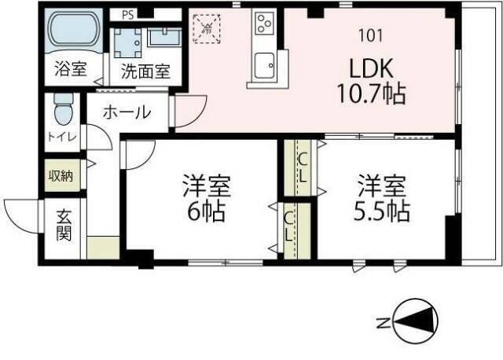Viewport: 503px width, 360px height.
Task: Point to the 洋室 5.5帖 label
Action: pyautogui.click(x=384, y=200)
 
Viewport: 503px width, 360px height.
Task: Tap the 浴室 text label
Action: pyautogui.click(x=70, y=69)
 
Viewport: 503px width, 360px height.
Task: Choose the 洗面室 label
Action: pyautogui.click(x=145, y=71)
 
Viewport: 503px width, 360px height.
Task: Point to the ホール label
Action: pyautogui.click(x=126, y=112)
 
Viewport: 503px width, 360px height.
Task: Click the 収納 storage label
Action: pyautogui.click(x=61, y=175)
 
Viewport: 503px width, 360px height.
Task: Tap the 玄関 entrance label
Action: pyautogui.click(x=64, y=225)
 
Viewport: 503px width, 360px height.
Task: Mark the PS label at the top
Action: pyautogui.click(x=127, y=14)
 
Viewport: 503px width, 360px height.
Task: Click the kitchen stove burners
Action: pyautogui.click(x=263, y=22)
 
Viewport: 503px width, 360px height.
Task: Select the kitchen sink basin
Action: pyautogui.click(x=263, y=63)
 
